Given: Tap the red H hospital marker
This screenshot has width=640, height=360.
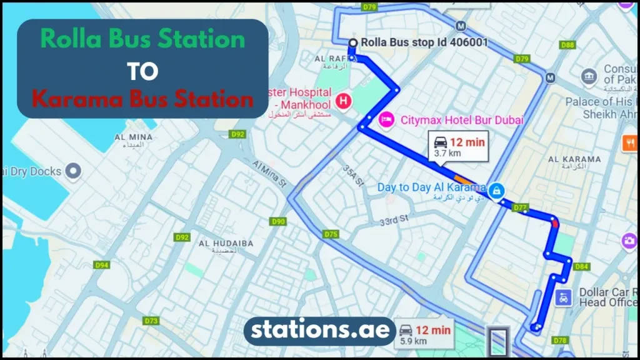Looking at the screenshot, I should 343,100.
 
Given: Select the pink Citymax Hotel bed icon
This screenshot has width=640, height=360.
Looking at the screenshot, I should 386,119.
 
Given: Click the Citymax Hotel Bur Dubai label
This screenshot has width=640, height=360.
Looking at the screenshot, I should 462,119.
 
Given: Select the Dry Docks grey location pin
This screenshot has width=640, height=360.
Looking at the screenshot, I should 74,171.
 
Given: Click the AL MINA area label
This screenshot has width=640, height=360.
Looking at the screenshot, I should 129,139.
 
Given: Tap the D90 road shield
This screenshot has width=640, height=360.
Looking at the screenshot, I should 278,221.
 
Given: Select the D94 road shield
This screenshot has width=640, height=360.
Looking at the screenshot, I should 102,265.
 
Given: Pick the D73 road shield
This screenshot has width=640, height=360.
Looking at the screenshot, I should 151,321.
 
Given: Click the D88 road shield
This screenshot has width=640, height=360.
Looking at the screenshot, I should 567,45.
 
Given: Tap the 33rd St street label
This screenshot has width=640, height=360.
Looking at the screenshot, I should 394,219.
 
